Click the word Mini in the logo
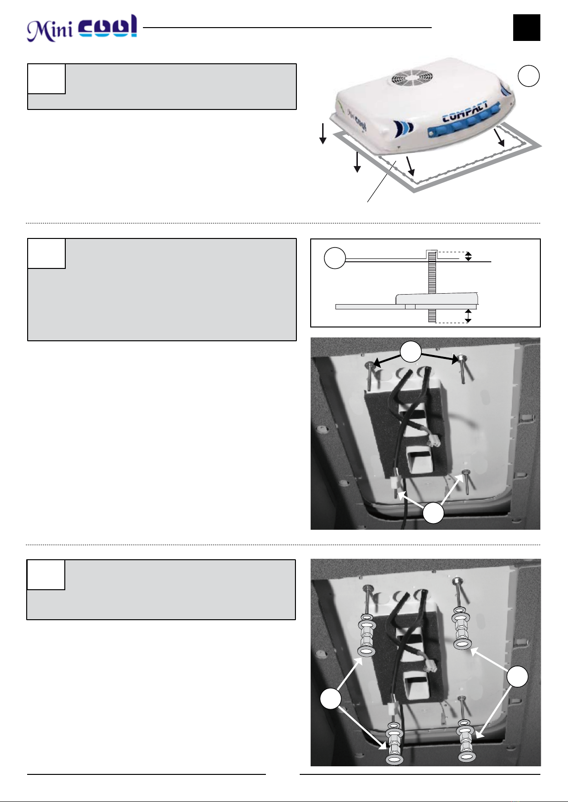point(50,30)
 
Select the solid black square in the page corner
point(527,28)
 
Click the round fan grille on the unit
point(407,78)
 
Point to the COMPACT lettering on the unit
point(465,112)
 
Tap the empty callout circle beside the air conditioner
point(528,76)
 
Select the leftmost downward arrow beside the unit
point(323,134)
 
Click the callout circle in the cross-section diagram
point(335,258)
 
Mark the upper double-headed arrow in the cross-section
point(468,257)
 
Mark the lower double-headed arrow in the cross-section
point(468,316)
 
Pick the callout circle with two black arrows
point(411,352)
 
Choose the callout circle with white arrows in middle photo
point(433,513)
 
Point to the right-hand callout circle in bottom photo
point(518,676)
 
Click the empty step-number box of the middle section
point(47,254)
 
